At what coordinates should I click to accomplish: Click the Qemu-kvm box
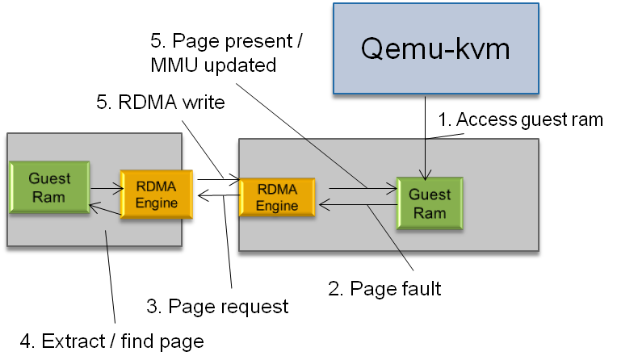[435, 50]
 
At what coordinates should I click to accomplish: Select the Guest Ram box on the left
[49, 187]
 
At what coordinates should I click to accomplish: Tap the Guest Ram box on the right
[429, 203]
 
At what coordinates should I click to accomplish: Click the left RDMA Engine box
[156, 195]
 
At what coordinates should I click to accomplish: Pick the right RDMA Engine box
[276, 198]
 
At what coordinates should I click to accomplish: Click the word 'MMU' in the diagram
[174, 65]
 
